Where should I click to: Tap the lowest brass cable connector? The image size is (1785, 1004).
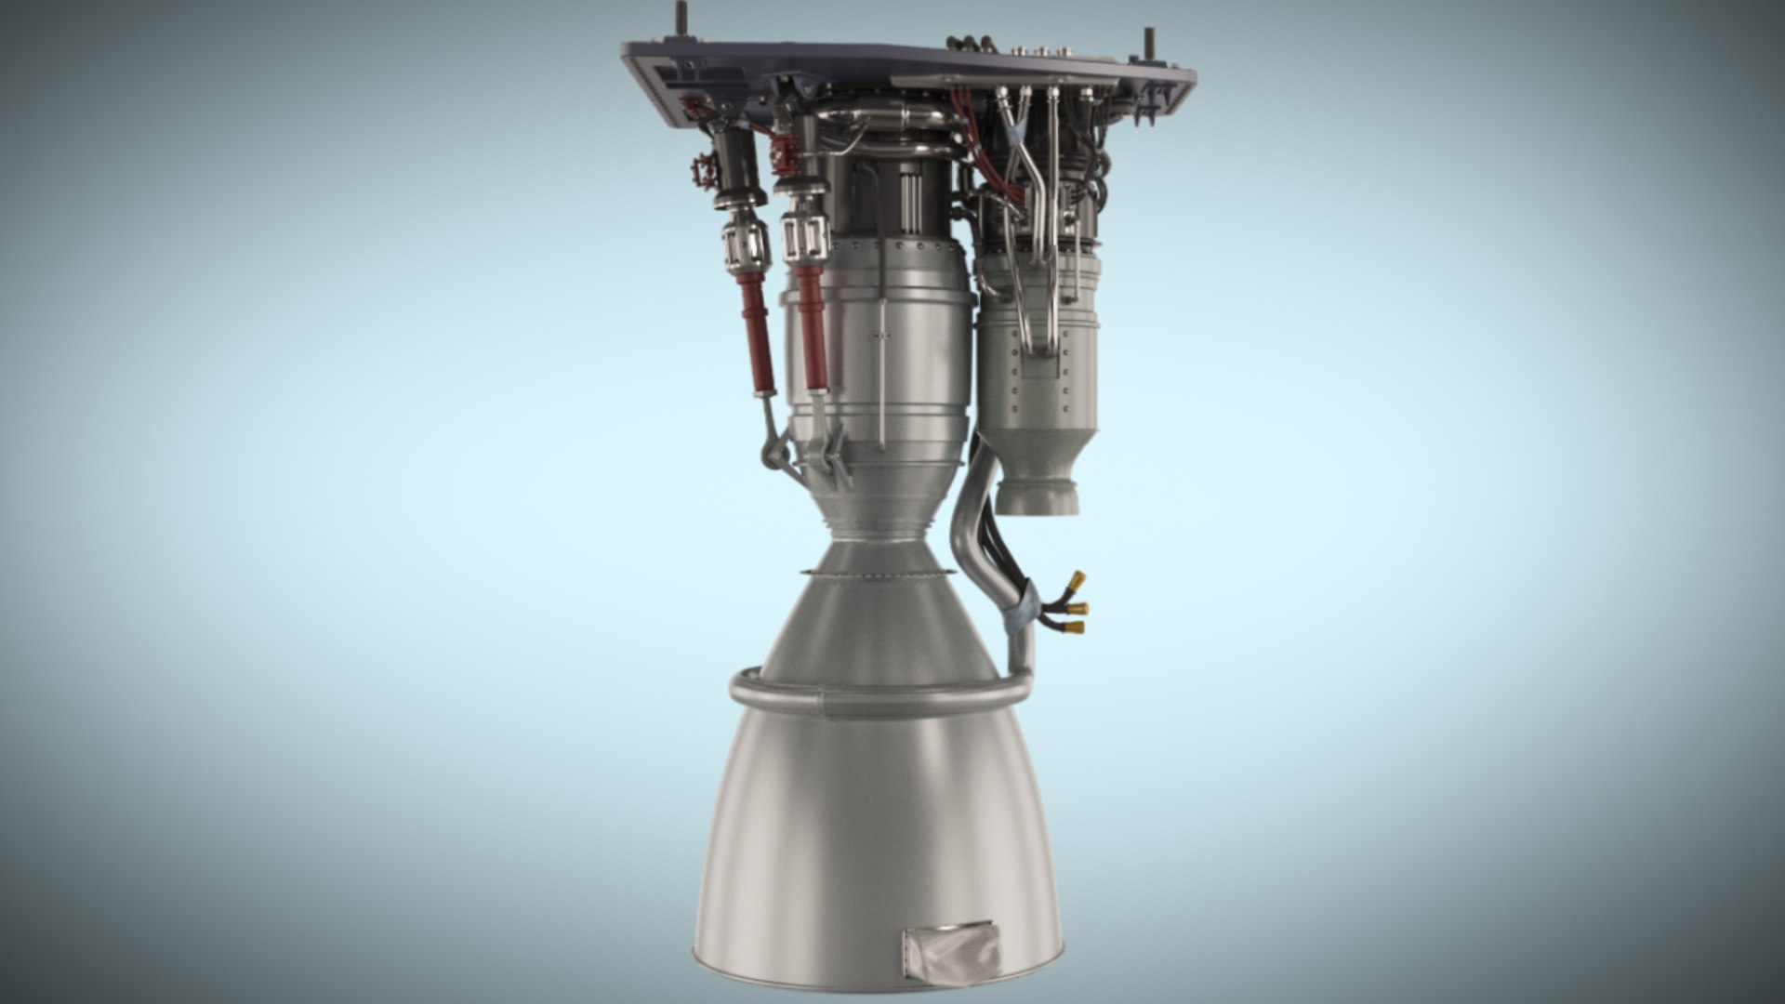[1074, 627]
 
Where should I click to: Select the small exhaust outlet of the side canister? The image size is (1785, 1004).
[1037, 493]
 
